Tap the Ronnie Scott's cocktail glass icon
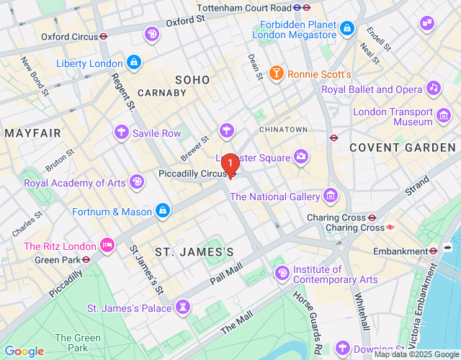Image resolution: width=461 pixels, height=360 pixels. click(x=275, y=73)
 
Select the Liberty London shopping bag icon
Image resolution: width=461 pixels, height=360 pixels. click(x=134, y=63)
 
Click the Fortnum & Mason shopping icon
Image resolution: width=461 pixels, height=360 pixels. click(x=163, y=211)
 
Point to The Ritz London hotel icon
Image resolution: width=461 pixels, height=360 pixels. click(x=107, y=246)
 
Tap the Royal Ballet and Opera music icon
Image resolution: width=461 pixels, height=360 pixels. click(x=433, y=89)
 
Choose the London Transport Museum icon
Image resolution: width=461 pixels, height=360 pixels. click(x=444, y=115)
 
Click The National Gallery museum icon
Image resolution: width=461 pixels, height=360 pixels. click(x=331, y=196)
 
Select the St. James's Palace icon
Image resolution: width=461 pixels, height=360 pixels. click(x=183, y=308)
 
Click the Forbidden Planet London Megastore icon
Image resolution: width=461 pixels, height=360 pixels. click(x=347, y=28)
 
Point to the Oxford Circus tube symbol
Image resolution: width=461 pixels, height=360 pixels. click(x=104, y=35)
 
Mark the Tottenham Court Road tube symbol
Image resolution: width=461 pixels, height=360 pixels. click(x=306, y=7)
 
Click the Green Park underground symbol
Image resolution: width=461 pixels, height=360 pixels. click(x=85, y=259)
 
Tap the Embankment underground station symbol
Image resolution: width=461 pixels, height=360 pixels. click(x=434, y=251)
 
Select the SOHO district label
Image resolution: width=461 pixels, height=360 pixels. click(x=192, y=80)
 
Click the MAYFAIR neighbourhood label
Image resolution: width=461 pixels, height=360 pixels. click(x=33, y=133)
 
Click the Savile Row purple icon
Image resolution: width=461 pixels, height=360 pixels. click(x=122, y=132)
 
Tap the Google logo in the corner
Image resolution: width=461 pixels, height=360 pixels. click(x=24, y=351)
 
